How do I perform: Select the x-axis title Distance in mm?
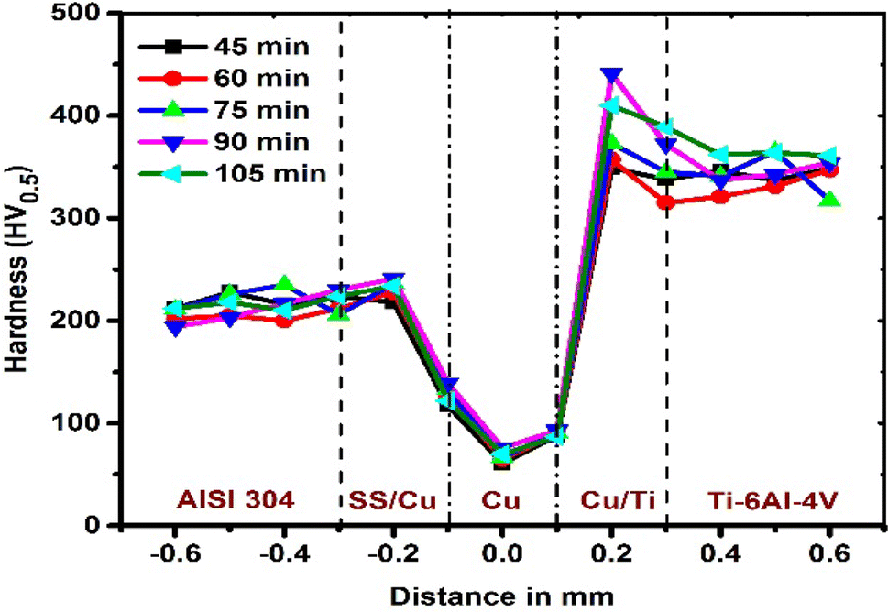point(502,596)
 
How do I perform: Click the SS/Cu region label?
point(393,501)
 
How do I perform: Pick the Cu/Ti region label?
point(612,501)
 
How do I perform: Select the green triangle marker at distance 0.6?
point(830,199)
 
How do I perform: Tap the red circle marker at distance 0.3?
point(666,202)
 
